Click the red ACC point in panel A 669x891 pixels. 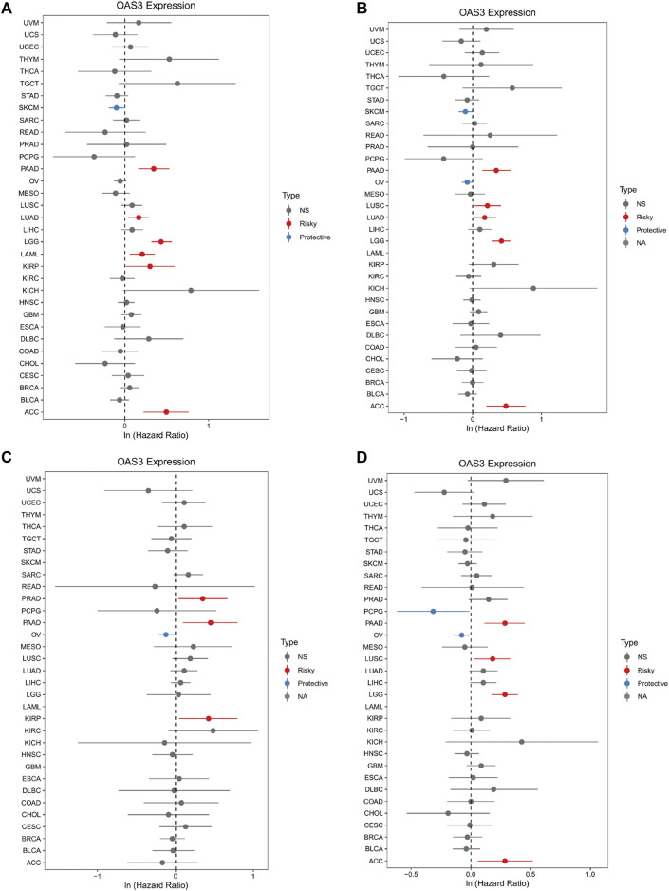coord(166,411)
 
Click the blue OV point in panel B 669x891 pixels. coord(467,181)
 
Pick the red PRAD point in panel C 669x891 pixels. coord(202,598)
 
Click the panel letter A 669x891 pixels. coord(8,8)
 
